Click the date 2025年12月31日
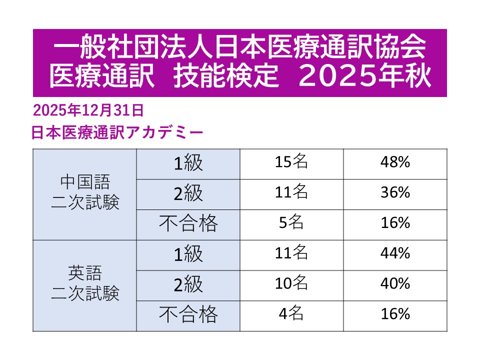[88, 109]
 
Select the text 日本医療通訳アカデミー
[117, 132]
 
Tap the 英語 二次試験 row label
[85, 285]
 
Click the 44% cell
[395, 254]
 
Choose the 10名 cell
[291, 284]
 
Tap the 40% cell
[395, 284]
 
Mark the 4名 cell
[291, 314]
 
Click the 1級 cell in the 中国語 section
[188, 163]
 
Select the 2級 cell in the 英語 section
[188, 285]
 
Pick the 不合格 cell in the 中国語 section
[188, 224]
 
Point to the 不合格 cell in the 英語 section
[188, 315]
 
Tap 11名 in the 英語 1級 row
[291, 254]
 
